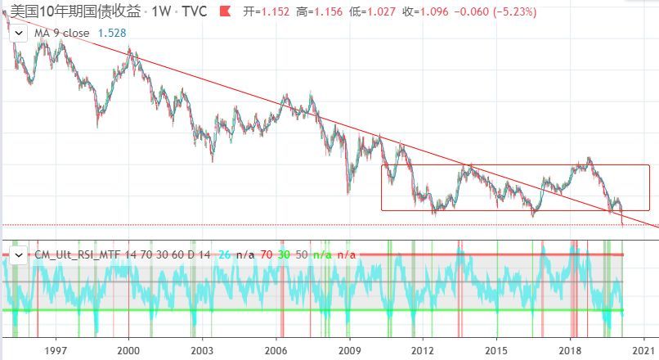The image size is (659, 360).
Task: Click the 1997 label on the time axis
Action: (x=56, y=349)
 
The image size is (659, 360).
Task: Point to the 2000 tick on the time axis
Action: (x=128, y=349)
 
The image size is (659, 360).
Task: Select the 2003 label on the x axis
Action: (x=202, y=349)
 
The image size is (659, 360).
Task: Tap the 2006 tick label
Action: (x=276, y=349)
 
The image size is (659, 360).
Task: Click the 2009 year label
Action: (x=349, y=349)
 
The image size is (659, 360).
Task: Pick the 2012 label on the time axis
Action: (x=423, y=349)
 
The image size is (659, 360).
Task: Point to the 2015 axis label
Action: (x=495, y=349)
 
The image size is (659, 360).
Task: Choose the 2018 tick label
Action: (x=569, y=349)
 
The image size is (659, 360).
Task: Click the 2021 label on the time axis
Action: (x=643, y=349)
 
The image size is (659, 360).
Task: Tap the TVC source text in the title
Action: (x=195, y=11)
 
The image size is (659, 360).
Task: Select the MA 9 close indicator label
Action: (x=61, y=32)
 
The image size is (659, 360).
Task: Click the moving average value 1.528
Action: (x=111, y=32)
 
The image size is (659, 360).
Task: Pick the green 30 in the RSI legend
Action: (x=284, y=254)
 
